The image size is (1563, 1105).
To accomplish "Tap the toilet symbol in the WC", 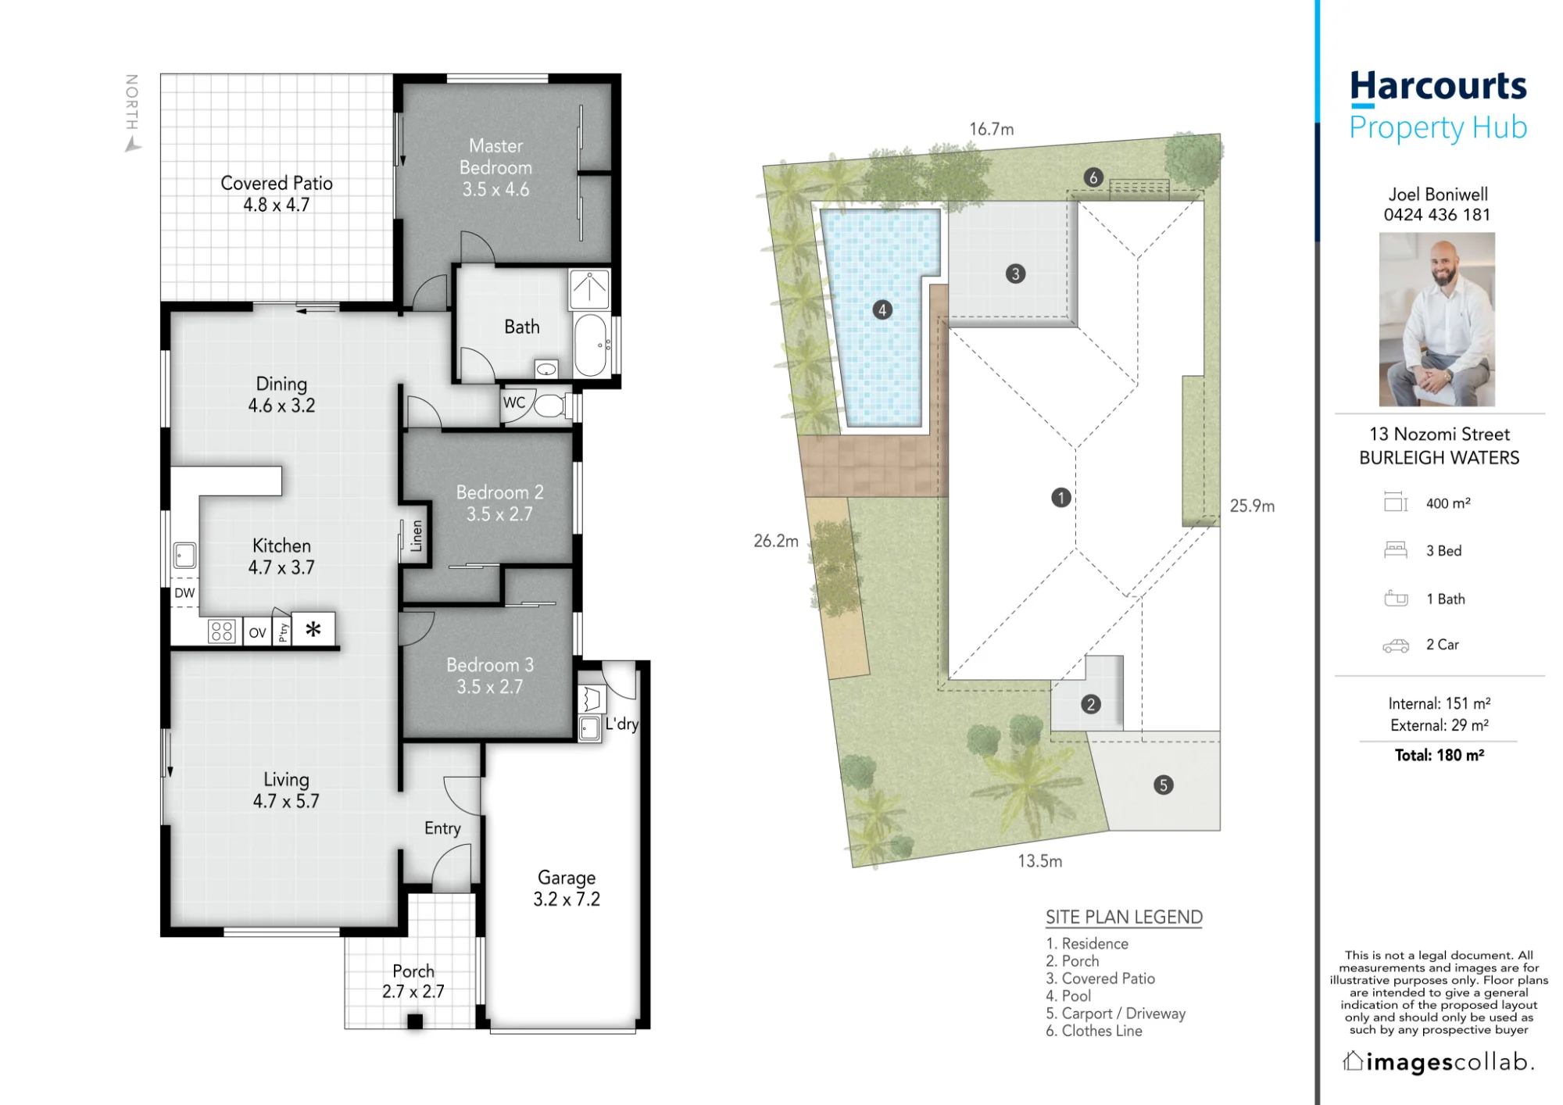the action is pos(551,406).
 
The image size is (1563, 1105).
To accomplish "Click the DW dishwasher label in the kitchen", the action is pos(184,593).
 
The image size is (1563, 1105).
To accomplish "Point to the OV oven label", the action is pos(257,633).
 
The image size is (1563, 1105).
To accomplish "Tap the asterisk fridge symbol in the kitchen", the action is pos(313,628).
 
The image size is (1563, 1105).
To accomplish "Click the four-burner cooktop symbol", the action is pos(222,631).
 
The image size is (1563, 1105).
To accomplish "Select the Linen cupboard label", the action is pos(416,536).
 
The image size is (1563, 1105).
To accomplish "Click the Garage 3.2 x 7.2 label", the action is pos(567,889).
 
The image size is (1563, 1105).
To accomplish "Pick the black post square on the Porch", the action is pos(415,1021).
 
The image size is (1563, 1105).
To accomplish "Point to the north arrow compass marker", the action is pos(134,145).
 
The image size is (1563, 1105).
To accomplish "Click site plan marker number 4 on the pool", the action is pos(882,310).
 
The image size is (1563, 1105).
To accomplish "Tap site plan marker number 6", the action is pos(1093,177).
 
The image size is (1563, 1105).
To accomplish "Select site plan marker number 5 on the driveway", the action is pos(1163,785).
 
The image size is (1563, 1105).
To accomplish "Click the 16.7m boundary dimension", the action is pos(992,129).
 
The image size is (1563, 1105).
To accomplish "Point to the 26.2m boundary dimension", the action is pos(776,541).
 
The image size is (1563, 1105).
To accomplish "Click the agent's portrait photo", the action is pos(1436,319).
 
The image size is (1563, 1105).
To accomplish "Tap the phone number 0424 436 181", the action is pos(1437,215).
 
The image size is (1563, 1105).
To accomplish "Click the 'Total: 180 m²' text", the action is pos(1439,755).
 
